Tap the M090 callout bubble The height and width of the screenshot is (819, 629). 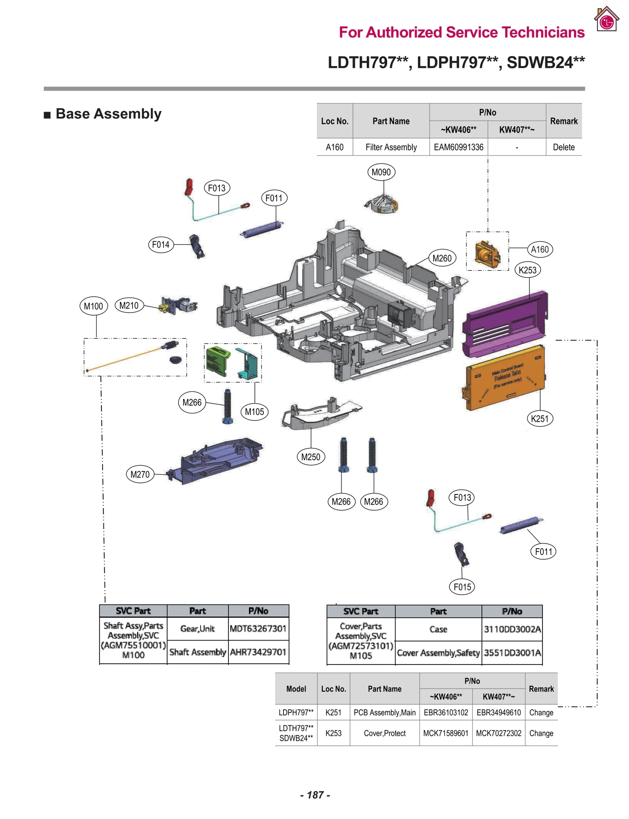click(x=381, y=172)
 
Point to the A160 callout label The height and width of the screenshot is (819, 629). click(x=539, y=249)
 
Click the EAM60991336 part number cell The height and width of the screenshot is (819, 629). click(x=458, y=147)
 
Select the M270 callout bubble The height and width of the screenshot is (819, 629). click(x=140, y=474)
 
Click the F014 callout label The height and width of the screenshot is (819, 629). click(x=160, y=244)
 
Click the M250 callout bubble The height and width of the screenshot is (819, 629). click(x=310, y=457)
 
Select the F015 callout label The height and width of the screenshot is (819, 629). click(x=462, y=587)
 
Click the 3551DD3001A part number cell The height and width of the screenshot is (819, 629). click(x=512, y=652)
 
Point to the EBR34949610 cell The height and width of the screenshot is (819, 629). click(x=498, y=712)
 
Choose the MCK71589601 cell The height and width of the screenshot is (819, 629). click(x=445, y=733)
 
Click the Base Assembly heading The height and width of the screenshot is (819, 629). click(x=108, y=114)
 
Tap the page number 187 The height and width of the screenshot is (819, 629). click(x=315, y=795)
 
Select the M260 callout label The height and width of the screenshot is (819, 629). click(x=441, y=258)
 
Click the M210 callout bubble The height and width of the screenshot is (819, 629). click(x=129, y=305)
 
